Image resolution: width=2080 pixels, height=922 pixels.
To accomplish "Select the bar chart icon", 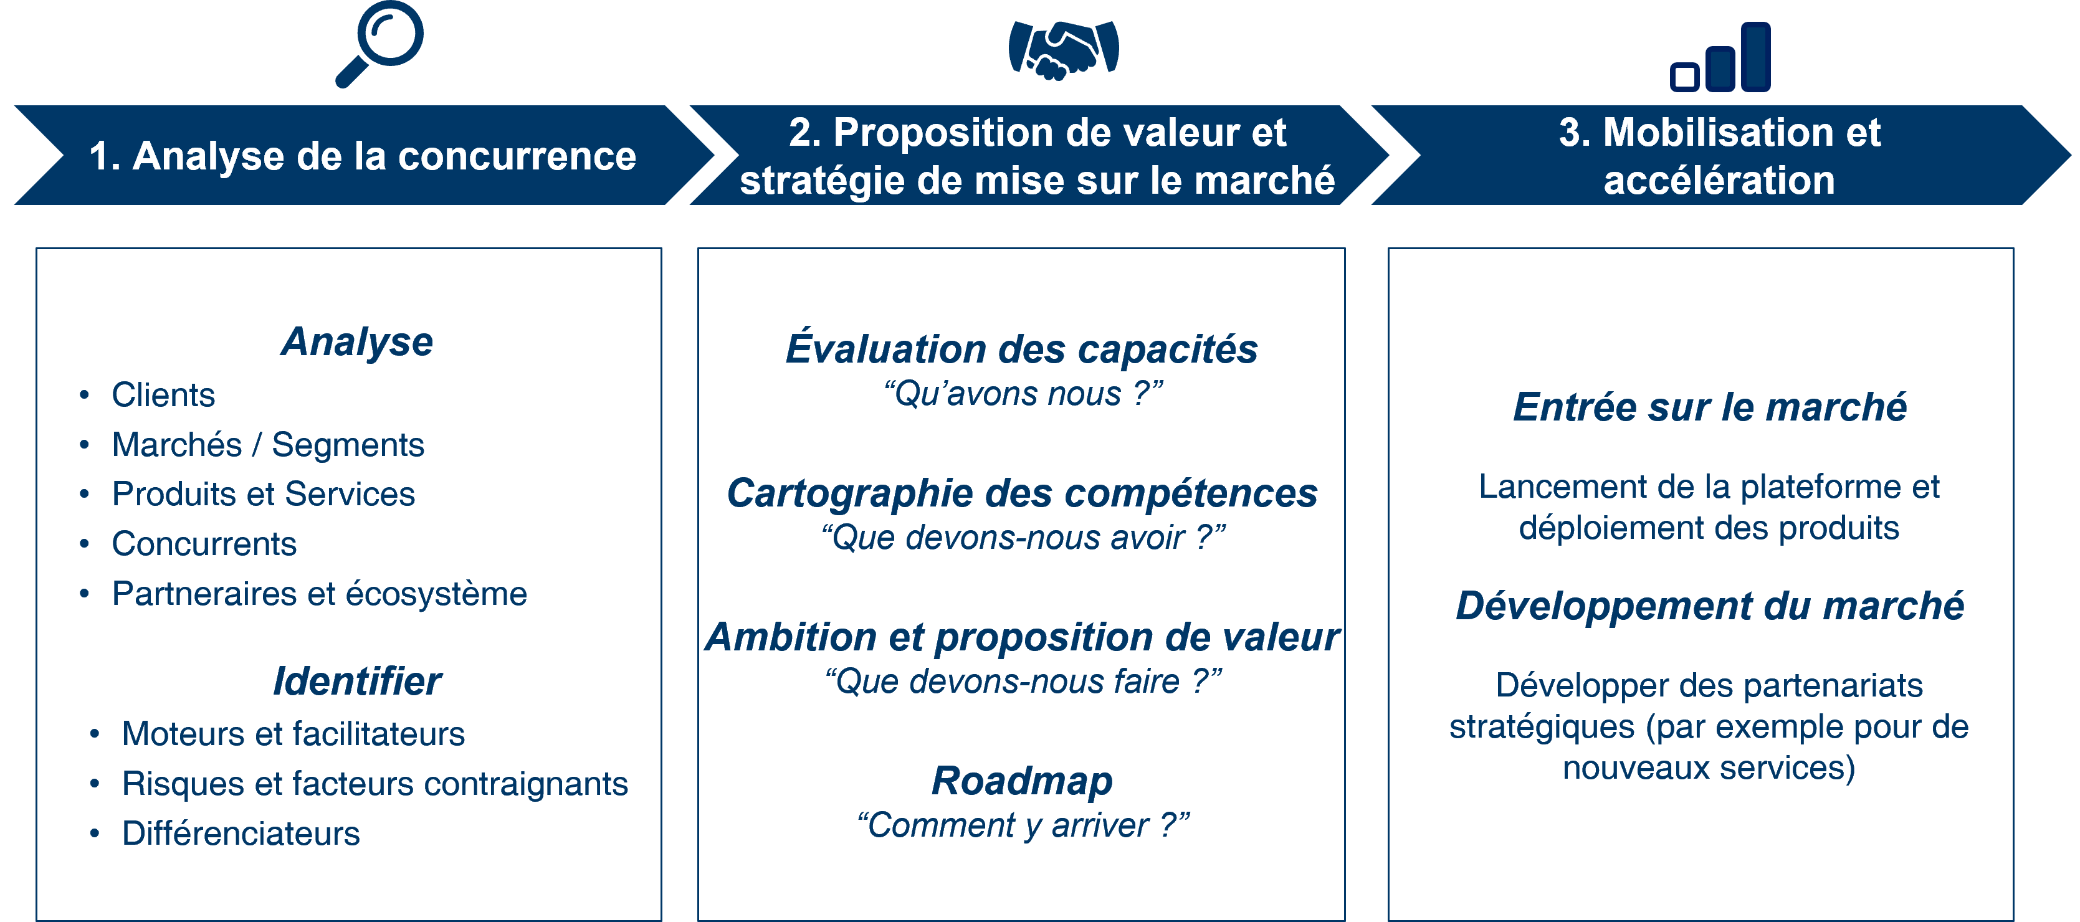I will coord(1720,58).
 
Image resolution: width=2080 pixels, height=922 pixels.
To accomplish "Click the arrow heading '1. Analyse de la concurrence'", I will coord(363,156).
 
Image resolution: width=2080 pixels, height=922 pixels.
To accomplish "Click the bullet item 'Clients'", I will coord(163,395).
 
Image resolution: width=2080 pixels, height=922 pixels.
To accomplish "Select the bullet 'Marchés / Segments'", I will coord(267,445).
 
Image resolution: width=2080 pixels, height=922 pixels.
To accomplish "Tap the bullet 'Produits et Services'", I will coord(263,494).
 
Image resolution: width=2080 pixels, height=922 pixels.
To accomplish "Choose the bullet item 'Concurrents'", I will coord(204,544).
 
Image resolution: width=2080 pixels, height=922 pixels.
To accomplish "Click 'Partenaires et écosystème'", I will coord(319,594).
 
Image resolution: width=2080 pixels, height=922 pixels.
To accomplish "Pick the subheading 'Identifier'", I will coord(357,682).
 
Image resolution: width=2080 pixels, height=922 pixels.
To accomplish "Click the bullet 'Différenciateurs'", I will coord(241,833).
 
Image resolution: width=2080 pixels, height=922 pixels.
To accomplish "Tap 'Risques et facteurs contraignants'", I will coord(374,784).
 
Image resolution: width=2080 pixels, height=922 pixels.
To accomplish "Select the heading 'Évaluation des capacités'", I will coord(1021,349).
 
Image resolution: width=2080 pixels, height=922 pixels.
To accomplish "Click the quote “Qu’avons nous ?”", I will coord(1023,394).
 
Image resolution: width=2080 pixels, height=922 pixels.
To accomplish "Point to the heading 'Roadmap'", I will coord(1022,781).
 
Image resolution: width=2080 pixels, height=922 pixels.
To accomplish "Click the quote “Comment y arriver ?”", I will coord(1023,825).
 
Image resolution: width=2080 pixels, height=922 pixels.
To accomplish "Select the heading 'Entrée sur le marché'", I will coord(1709,407).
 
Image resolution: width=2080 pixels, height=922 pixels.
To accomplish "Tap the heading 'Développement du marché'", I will coord(1709,606).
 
